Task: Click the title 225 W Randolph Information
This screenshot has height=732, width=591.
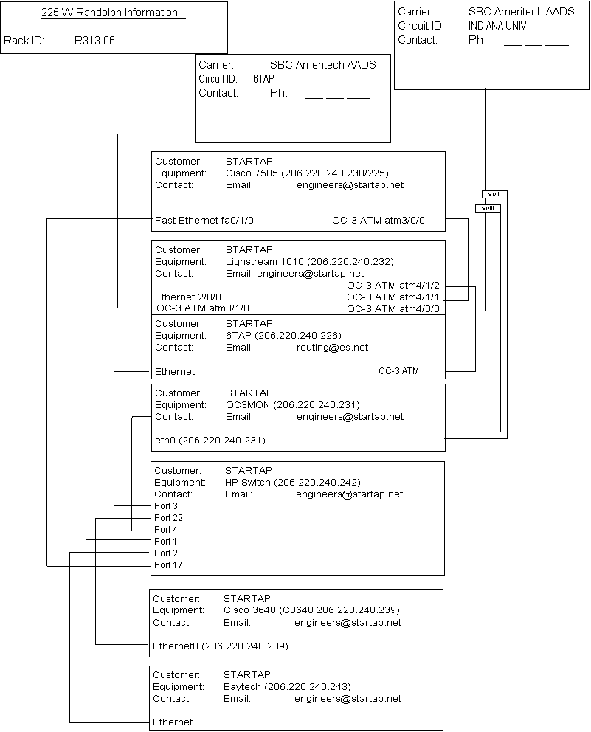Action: (109, 13)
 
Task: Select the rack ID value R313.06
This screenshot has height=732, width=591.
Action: (95, 41)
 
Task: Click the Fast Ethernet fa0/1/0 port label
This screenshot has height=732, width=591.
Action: (204, 221)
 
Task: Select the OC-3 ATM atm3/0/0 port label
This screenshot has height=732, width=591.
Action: (379, 221)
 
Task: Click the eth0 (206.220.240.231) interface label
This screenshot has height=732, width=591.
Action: (210, 441)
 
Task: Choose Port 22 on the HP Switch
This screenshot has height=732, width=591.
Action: (168, 518)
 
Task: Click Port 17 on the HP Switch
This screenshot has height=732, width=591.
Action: (168, 565)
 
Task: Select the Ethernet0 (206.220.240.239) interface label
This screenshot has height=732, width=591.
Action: (220, 646)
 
